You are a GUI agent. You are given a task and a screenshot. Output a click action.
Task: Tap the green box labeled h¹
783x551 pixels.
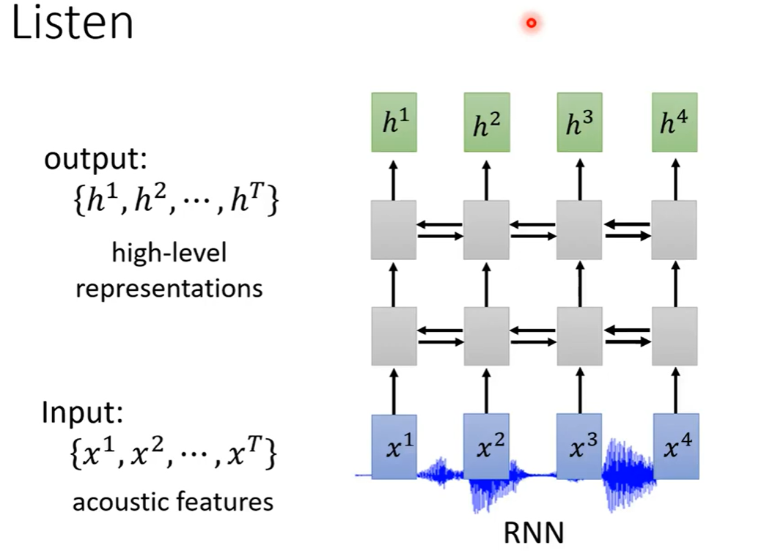(394, 122)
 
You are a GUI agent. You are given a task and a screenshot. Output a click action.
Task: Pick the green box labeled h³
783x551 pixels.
(579, 122)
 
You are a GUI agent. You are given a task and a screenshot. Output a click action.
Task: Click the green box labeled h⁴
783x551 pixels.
(674, 122)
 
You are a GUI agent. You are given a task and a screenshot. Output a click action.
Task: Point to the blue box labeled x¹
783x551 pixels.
(394, 445)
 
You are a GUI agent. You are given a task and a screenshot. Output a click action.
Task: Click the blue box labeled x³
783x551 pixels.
(579, 445)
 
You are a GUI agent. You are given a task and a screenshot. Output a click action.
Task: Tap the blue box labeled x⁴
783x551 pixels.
(674, 445)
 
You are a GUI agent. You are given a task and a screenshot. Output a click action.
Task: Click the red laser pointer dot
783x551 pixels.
(532, 23)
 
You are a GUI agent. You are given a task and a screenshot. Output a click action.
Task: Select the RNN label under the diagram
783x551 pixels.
(534, 533)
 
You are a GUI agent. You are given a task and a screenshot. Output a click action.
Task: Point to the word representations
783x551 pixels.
(169, 288)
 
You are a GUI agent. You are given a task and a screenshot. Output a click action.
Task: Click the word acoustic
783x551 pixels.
(120, 502)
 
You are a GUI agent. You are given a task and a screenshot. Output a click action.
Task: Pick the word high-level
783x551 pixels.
(169, 254)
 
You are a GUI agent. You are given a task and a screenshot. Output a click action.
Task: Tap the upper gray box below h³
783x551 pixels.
(579, 229)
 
